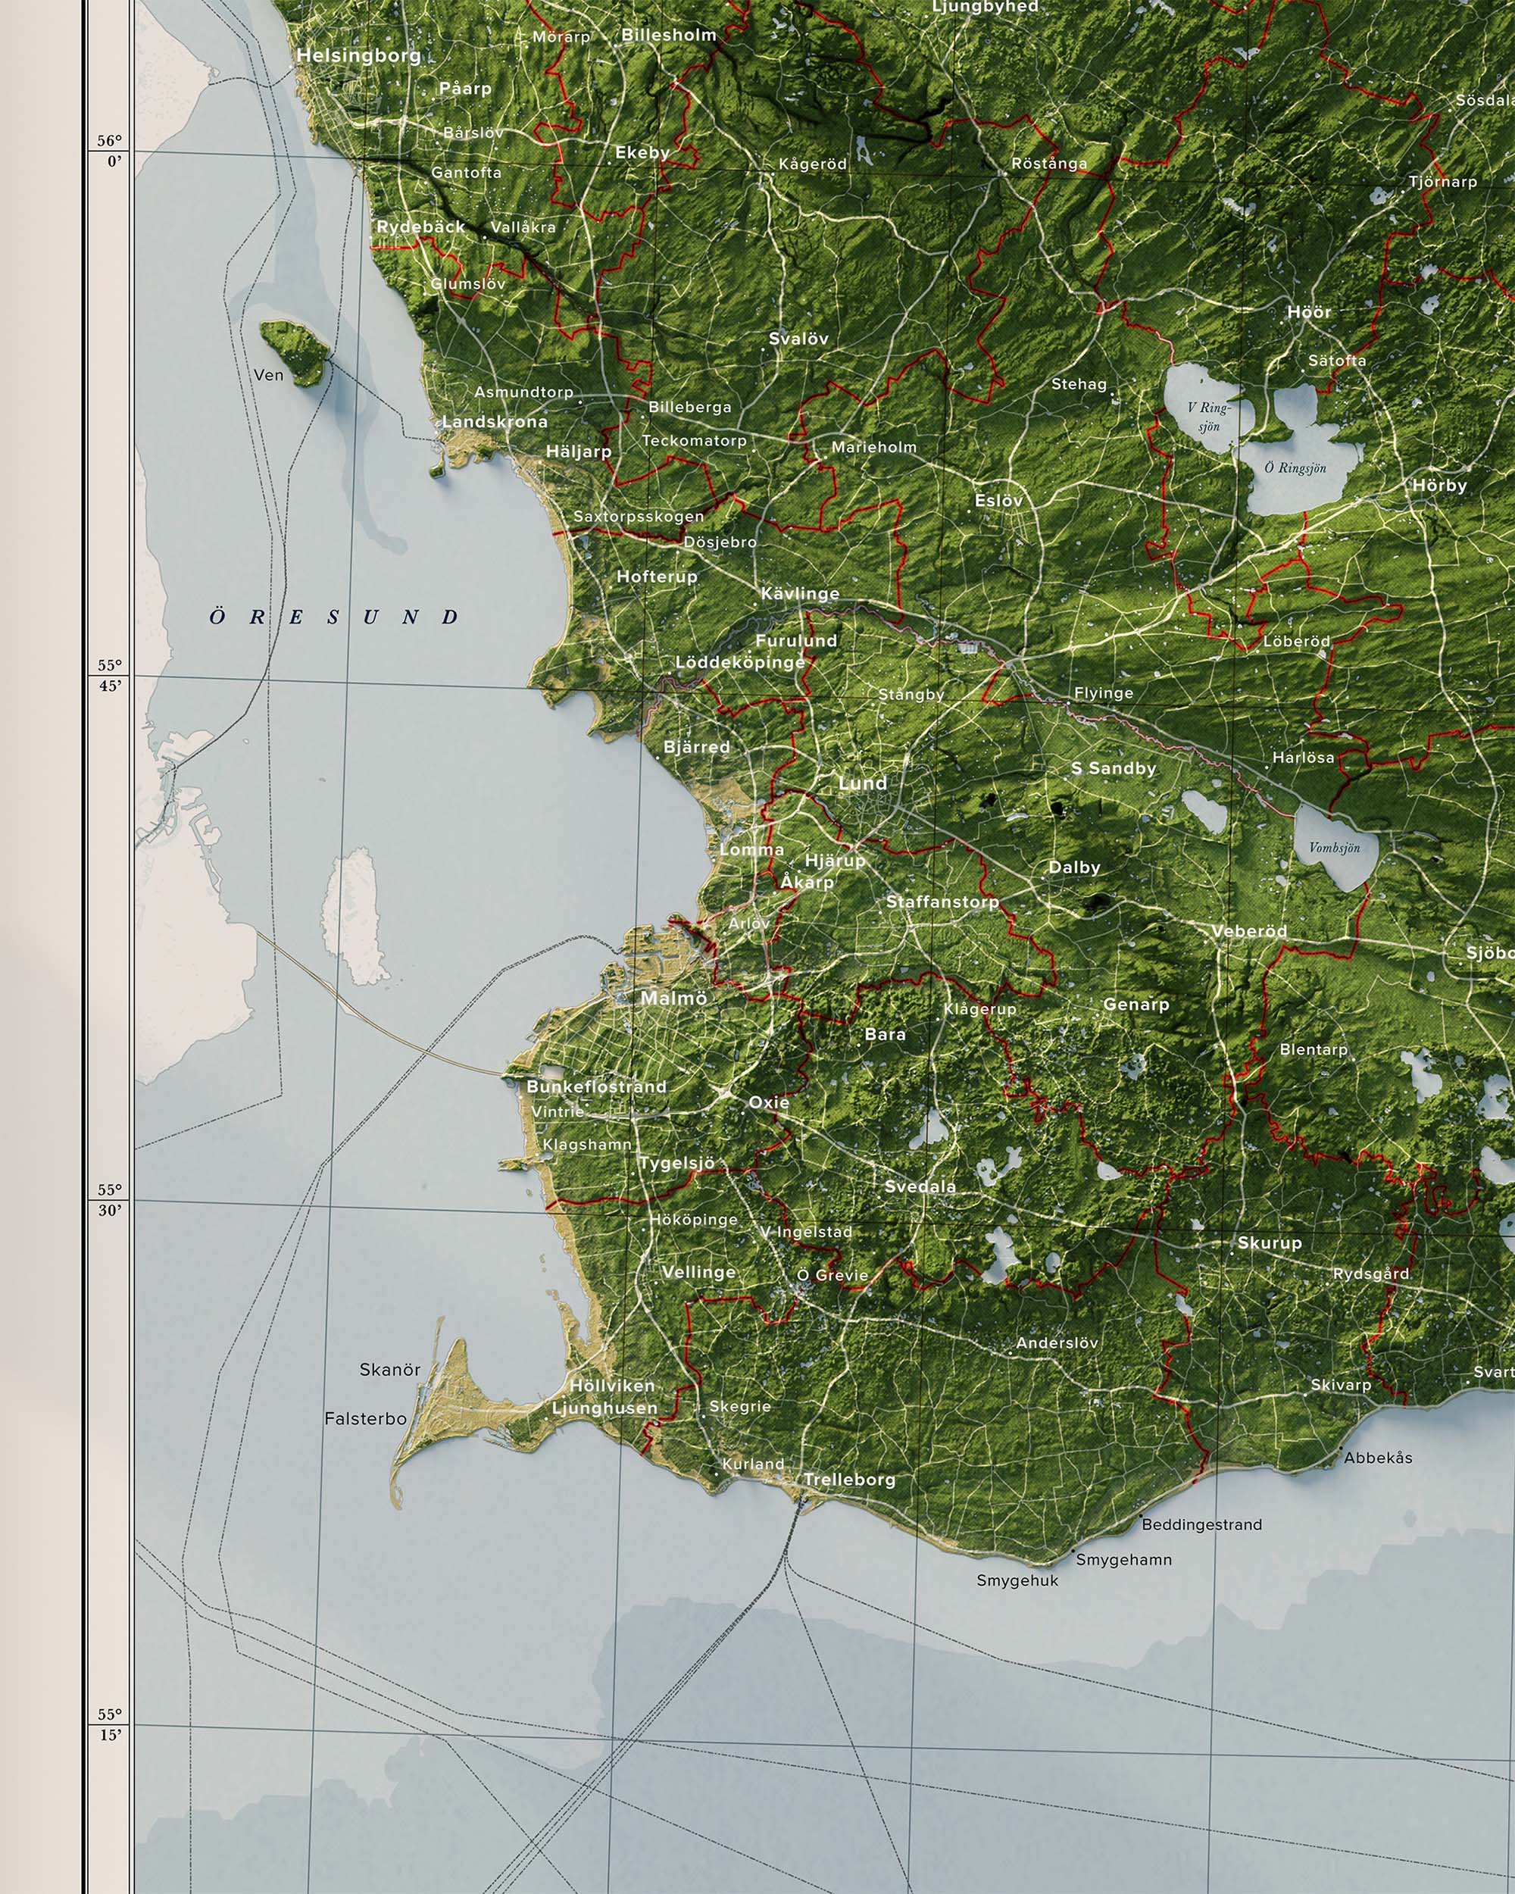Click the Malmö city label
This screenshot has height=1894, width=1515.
coord(673,998)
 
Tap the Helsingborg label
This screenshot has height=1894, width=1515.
coord(358,55)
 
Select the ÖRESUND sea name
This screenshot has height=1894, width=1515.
coord(335,617)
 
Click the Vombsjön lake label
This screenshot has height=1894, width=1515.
coord(1333,848)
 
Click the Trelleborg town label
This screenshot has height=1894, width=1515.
coord(849,1480)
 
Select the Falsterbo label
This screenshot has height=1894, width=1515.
coord(365,1419)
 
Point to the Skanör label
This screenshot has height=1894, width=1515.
coord(389,1370)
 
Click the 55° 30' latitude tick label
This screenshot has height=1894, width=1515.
coord(110,1200)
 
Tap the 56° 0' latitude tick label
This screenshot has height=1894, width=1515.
coord(110,151)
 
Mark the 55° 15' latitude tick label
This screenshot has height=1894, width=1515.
coord(110,1724)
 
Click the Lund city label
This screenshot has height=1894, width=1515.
coord(863,783)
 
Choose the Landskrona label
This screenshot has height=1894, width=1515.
coord(495,422)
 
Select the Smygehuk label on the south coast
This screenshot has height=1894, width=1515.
coord(1017,1580)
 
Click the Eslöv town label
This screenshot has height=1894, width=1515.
coord(998,501)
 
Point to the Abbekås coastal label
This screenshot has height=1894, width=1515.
coord(1378,1458)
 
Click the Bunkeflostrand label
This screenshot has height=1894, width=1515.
coord(596,1086)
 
